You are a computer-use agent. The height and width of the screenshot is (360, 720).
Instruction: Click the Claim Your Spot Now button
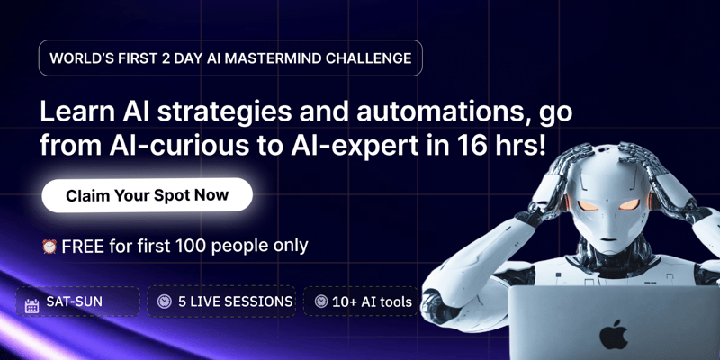[147, 194]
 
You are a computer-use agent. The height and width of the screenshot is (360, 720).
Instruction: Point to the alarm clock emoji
[49, 246]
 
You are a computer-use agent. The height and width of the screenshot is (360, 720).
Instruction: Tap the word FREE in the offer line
[82, 246]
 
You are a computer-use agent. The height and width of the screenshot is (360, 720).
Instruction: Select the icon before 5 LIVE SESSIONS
[165, 301]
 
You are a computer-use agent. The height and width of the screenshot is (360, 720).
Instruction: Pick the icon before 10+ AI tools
[320, 301]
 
